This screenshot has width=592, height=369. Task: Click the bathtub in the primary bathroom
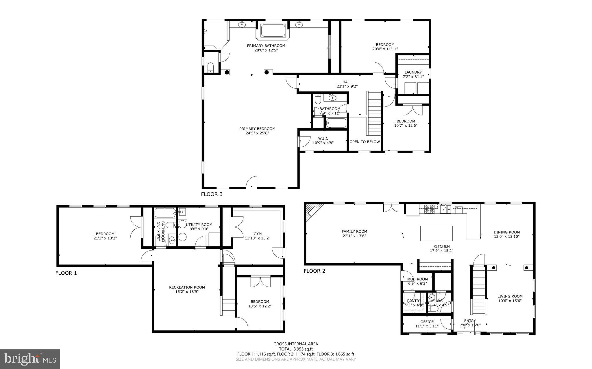[x=273, y=31]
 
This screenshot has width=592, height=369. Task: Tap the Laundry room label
[x=413, y=72]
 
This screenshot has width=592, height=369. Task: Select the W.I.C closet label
[x=323, y=138]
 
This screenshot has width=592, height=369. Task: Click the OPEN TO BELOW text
[x=365, y=142]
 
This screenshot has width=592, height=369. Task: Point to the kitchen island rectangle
[x=436, y=233]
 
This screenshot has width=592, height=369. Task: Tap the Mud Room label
[x=417, y=279]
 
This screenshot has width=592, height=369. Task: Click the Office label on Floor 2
[x=427, y=322]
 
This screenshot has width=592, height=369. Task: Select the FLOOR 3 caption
[x=212, y=194]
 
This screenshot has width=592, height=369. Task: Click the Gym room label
[x=258, y=234]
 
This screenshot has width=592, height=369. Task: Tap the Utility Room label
[x=199, y=224]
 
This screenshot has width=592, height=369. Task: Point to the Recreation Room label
[x=187, y=287]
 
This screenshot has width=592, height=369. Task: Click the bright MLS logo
[x=30, y=359]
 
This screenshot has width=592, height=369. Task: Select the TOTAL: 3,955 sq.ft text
[x=296, y=349]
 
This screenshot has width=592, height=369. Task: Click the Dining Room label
[x=507, y=232]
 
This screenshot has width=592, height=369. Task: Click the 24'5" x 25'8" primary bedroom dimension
[x=257, y=133]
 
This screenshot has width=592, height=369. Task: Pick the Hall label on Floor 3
[x=347, y=82]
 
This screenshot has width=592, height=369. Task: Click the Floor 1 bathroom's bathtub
[x=165, y=213]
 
